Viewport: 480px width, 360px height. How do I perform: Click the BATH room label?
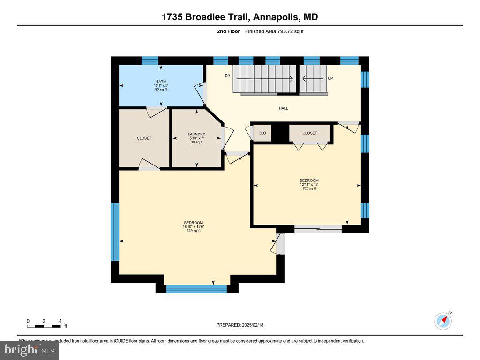tap(161, 81)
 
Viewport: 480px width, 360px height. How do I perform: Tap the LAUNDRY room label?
tap(196, 134)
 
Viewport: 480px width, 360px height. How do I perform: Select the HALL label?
tap(283, 108)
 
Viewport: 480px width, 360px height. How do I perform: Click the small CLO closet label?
tap(262, 133)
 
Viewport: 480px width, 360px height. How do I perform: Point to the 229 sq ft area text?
tap(193, 231)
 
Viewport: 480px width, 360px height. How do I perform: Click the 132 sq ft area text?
tap(309, 188)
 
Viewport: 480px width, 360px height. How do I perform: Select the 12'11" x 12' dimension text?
tap(309, 184)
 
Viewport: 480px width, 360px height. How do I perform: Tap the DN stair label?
tap(227, 75)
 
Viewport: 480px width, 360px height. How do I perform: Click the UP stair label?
tap(330, 78)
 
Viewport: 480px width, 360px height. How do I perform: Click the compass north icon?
tap(443, 321)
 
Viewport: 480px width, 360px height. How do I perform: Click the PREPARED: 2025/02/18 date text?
tap(243, 325)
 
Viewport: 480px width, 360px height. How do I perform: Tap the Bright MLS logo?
tap(29, 350)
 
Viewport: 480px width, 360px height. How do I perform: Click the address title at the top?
tap(240, 17)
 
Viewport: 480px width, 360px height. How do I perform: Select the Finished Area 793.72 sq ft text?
tap(278, 31)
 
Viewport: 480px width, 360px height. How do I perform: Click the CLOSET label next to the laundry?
tap(144, 138)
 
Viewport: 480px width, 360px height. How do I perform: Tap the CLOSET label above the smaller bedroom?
tap(309, 133)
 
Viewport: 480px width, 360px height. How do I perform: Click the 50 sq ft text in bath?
tap(161, 90)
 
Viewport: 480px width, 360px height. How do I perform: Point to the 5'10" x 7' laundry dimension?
tap(196, 138)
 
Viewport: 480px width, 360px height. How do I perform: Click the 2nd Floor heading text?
tap(228, 31)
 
